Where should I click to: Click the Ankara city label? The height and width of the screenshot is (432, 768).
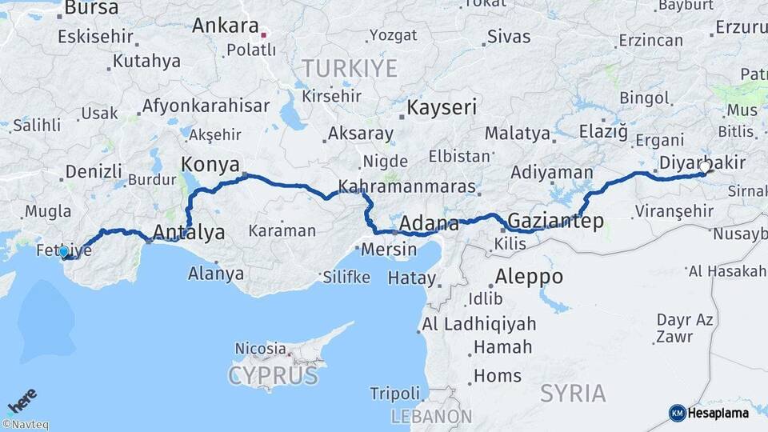pos(225,26)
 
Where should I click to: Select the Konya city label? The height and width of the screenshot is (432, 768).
pos(210,165)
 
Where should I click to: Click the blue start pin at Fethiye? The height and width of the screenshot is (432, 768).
pos(63,252)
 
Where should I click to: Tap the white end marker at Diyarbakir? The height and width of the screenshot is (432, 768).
pos(705,168)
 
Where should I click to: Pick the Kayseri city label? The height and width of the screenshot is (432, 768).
pos(442,107)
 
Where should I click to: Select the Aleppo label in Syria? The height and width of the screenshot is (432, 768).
pos(529,278)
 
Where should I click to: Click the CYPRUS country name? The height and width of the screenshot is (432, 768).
pos(273,375)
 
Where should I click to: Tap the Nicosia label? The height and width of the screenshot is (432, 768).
pos(260,349)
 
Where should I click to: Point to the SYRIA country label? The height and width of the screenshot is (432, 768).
pos(573,394)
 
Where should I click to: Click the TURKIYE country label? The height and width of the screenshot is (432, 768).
pos(350,69)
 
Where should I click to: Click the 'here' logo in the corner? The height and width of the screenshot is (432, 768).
pos(22,400)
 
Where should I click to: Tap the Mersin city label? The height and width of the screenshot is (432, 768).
pos(389,250)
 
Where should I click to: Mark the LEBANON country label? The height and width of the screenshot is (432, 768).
pos(431,416)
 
